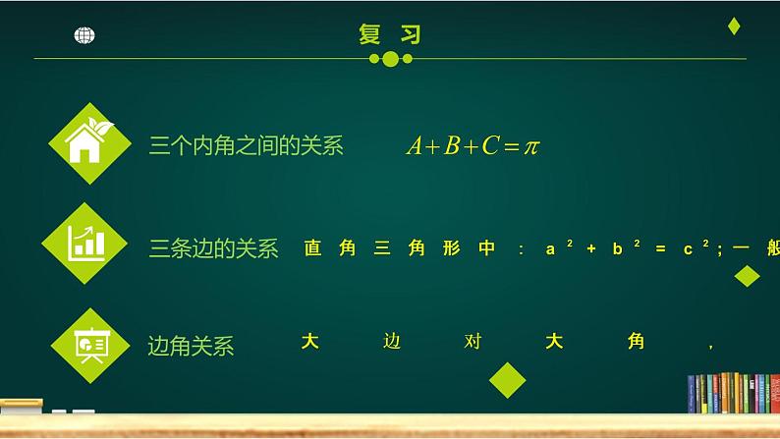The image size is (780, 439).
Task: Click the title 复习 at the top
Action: (x=390, y=34)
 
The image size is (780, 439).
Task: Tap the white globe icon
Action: (x=84, y=35)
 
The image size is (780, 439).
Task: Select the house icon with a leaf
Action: (x=89, y=143)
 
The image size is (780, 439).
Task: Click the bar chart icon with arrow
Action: (x=85, y=244)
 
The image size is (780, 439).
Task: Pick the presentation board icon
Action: (x=91, y=343)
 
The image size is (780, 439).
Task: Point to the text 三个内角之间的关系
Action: (x=246, y=146)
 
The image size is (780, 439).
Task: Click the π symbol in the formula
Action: (x=530, y=146)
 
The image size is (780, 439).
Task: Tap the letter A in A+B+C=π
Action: (x=415, y=146)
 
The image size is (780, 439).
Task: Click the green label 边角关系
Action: (x=191, y=346)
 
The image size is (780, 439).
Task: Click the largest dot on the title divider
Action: (x=390, y=59)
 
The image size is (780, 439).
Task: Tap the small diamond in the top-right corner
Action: (x=733, y=27)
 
